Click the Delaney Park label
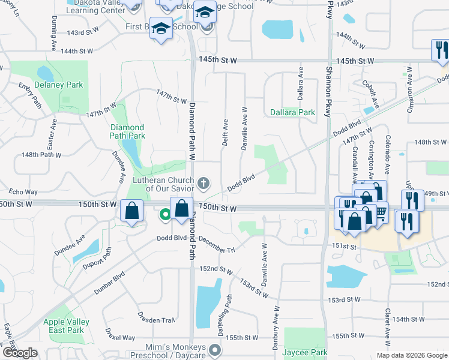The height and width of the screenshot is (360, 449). pyautogui.click(x=59, y=85)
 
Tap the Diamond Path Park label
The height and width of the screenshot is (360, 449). pyautogui.click(x=127, y=131)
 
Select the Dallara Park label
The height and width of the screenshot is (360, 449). pyautogui.click(x=292, y=112)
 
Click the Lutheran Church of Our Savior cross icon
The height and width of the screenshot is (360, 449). pyautogui.click(x=203, y=182)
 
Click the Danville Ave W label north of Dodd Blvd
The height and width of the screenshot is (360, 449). pyautogui.click(x=244, y=128)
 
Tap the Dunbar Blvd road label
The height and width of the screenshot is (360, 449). pyautogui.click(x=109, y=284)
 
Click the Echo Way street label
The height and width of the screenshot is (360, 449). pyautogui.click(x=23, y=192)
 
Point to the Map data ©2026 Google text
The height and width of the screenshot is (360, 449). pyautogui.click(x=411, y=355)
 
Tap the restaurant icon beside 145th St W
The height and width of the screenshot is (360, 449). pyautogui.click(x=440, y=49)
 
